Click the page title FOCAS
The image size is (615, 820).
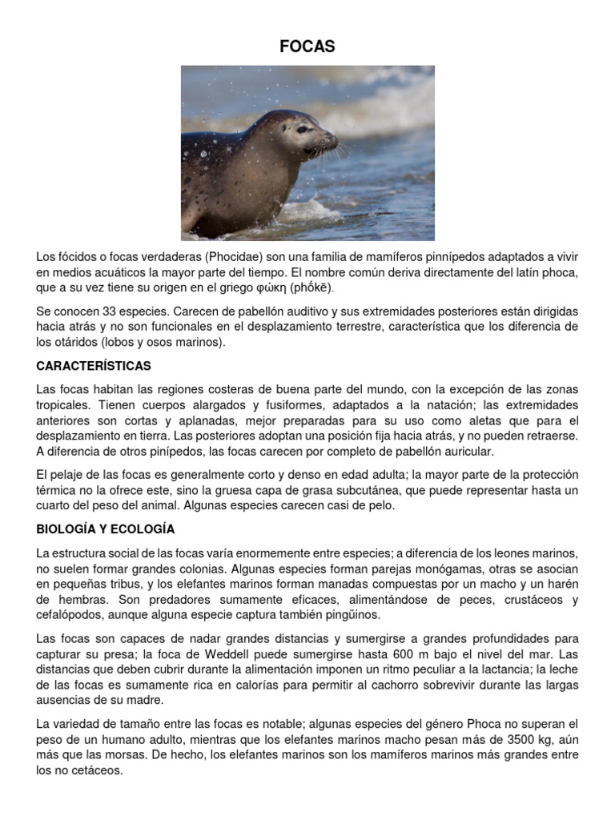click(307, 47)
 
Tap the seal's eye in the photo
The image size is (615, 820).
click(302, 128)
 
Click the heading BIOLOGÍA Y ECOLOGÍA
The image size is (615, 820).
click(105, 529)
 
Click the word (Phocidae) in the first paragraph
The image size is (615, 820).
click(232, 256)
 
